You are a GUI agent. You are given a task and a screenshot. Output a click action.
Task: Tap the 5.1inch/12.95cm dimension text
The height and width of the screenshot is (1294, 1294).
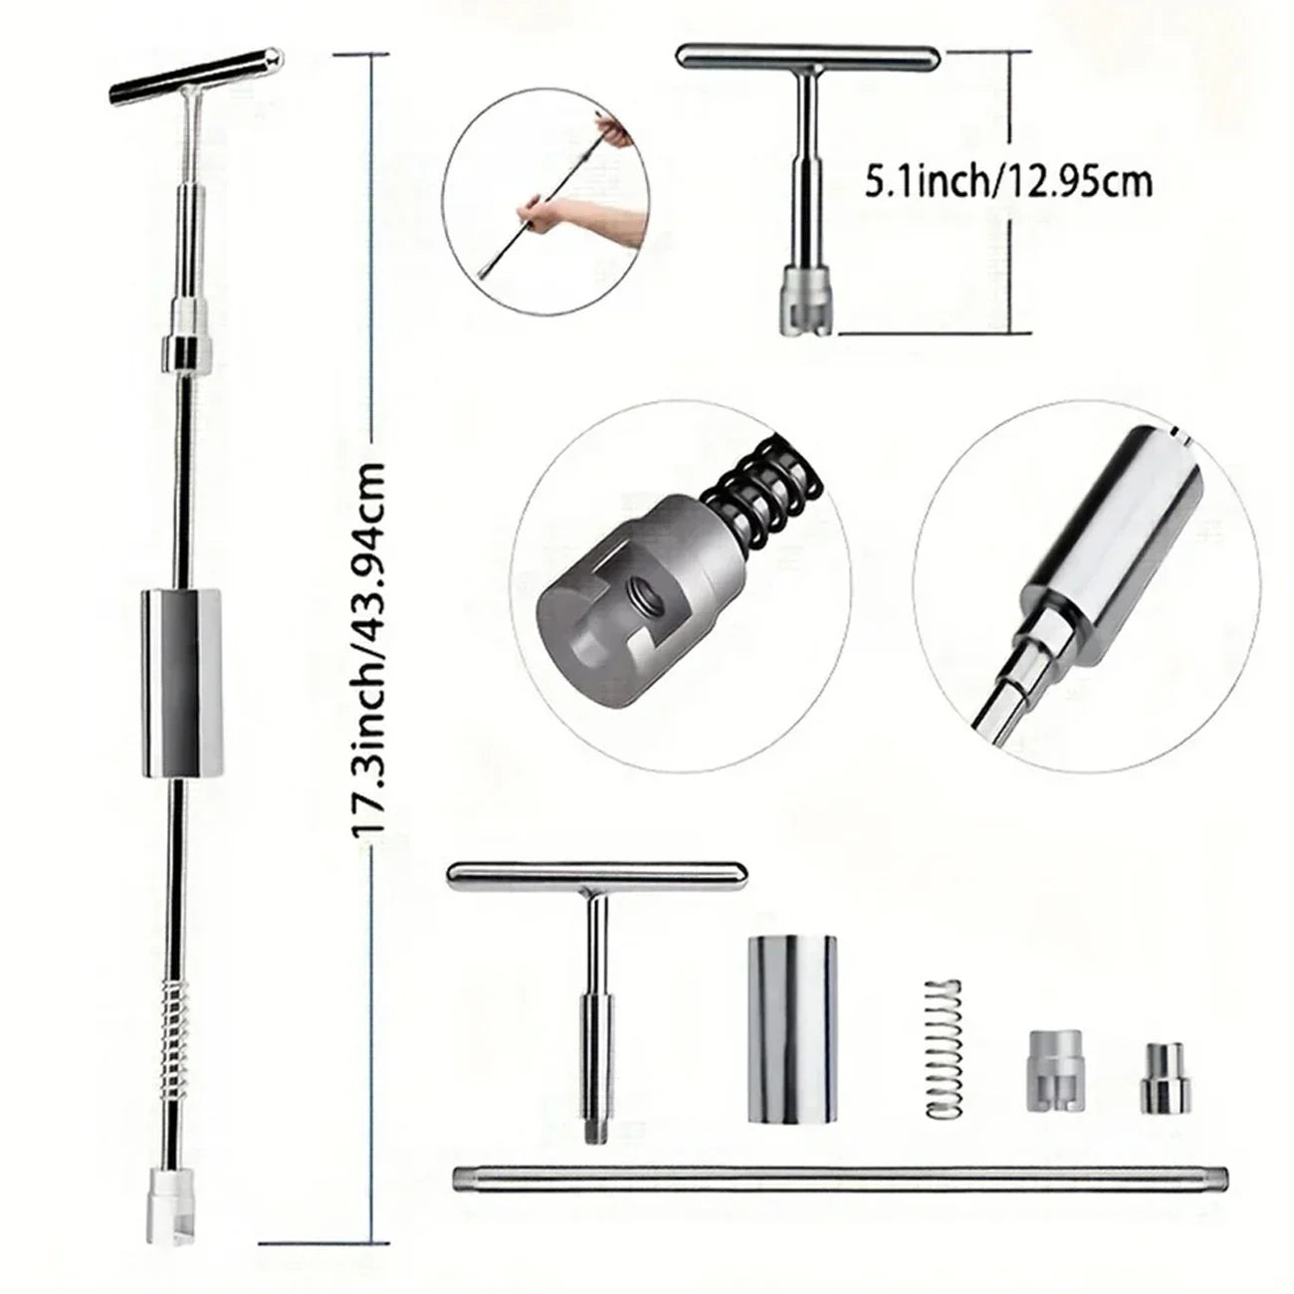click(1008, 182)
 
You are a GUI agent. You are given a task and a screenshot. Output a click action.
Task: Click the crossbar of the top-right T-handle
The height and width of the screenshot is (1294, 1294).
click(807, 58)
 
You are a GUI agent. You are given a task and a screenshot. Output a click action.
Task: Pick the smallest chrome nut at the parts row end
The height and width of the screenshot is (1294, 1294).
click(1161, 1079)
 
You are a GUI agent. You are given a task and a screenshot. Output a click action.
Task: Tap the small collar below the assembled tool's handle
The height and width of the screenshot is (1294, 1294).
click(187, 351)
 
